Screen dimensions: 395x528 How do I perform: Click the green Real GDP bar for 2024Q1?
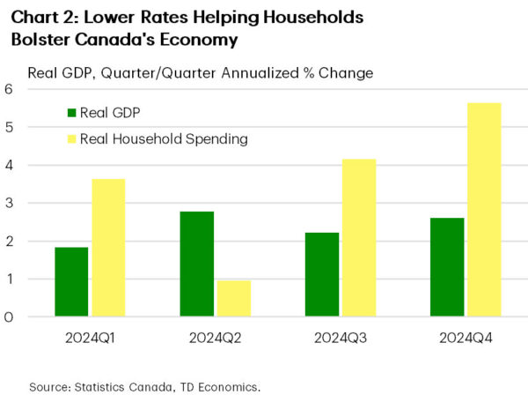click(x=71, y=282)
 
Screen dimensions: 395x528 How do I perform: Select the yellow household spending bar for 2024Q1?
click(x=107, y=248)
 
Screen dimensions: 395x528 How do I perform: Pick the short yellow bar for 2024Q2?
click(x=233, y=299)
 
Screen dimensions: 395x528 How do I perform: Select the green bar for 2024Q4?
click(x=447, y=267)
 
